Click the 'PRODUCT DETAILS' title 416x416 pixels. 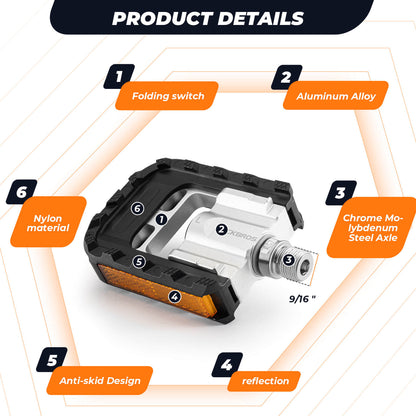[x=208, y=18]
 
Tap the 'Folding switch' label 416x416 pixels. [x=168, y=97]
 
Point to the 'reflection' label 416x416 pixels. [x=264, y=381]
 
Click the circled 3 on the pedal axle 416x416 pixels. [x=288, y=260]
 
